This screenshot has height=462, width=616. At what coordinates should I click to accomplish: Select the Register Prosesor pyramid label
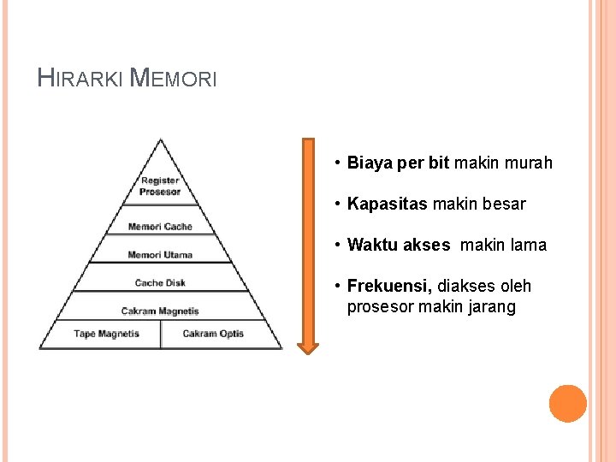coord(160,187)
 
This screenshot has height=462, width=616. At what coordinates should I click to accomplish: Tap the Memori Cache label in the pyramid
coord(160,227)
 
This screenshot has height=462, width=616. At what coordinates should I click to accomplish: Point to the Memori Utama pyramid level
coord(160,255)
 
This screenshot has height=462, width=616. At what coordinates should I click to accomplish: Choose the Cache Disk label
coord(160,283)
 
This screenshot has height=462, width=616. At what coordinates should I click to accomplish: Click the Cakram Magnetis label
coord(160,311)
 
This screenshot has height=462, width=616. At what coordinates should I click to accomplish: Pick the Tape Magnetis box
coord(106,334)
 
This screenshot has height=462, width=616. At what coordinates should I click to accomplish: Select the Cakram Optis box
coord(213,334)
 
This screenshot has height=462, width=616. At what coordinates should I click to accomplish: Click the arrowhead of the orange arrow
coord(307,346)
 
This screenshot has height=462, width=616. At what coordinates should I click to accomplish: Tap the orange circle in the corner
coord(568,404)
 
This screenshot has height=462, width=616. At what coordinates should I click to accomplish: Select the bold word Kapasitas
coord(387,204)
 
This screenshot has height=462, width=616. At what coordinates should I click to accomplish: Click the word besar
coord(505,204)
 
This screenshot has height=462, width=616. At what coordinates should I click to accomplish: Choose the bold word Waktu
coord(372,246)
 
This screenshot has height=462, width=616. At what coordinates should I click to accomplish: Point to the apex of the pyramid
coord(160,140)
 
